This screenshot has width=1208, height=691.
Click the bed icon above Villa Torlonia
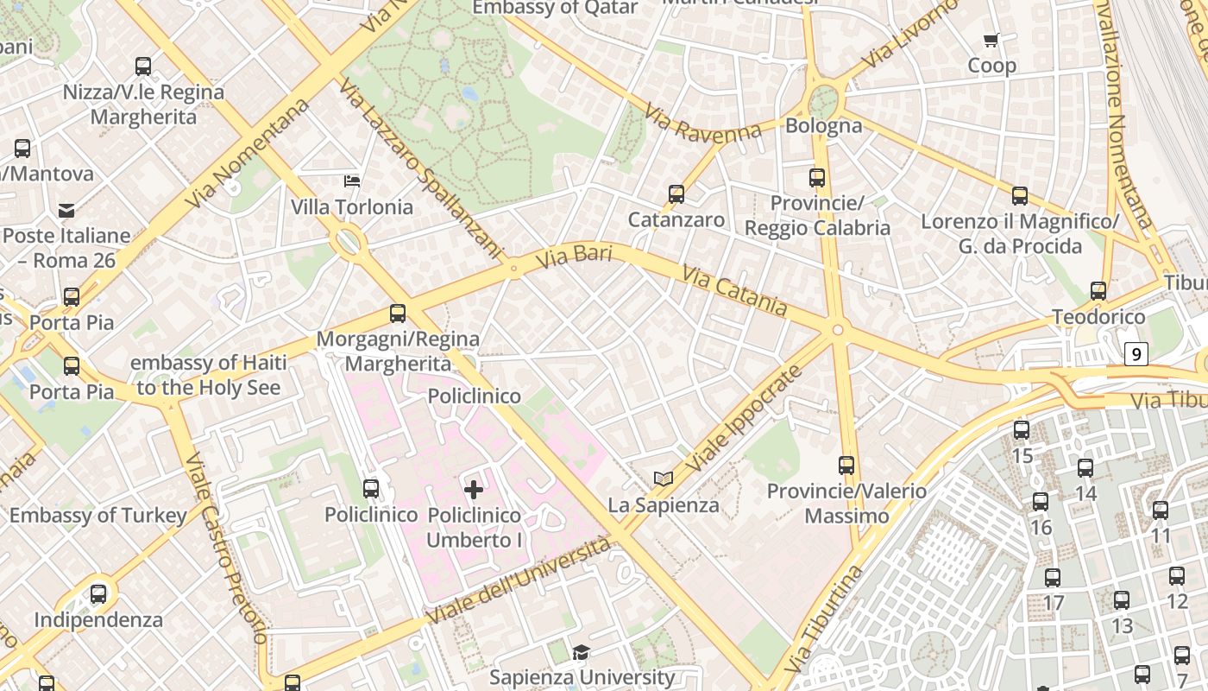[352, 181]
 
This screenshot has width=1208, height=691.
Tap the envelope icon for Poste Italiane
[66, 210]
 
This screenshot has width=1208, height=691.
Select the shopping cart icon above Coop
[991, 40]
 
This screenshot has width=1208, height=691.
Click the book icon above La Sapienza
[663, 479]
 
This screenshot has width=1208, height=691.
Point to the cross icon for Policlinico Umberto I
[474, 491]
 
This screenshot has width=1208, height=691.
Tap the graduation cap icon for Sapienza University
[582, 652]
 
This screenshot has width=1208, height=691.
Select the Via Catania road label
[734, 290]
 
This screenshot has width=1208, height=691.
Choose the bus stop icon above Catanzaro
[676, 194]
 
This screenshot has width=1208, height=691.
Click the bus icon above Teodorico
[1098, 291]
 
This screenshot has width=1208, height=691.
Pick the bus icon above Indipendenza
[98, 594]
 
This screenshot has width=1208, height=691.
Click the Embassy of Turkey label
[98, 516]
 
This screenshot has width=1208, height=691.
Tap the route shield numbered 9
[1136, 353]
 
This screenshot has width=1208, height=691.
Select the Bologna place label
[823, 126]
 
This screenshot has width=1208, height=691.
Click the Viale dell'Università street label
[519, 581]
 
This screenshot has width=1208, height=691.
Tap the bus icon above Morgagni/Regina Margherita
[398, 314]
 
